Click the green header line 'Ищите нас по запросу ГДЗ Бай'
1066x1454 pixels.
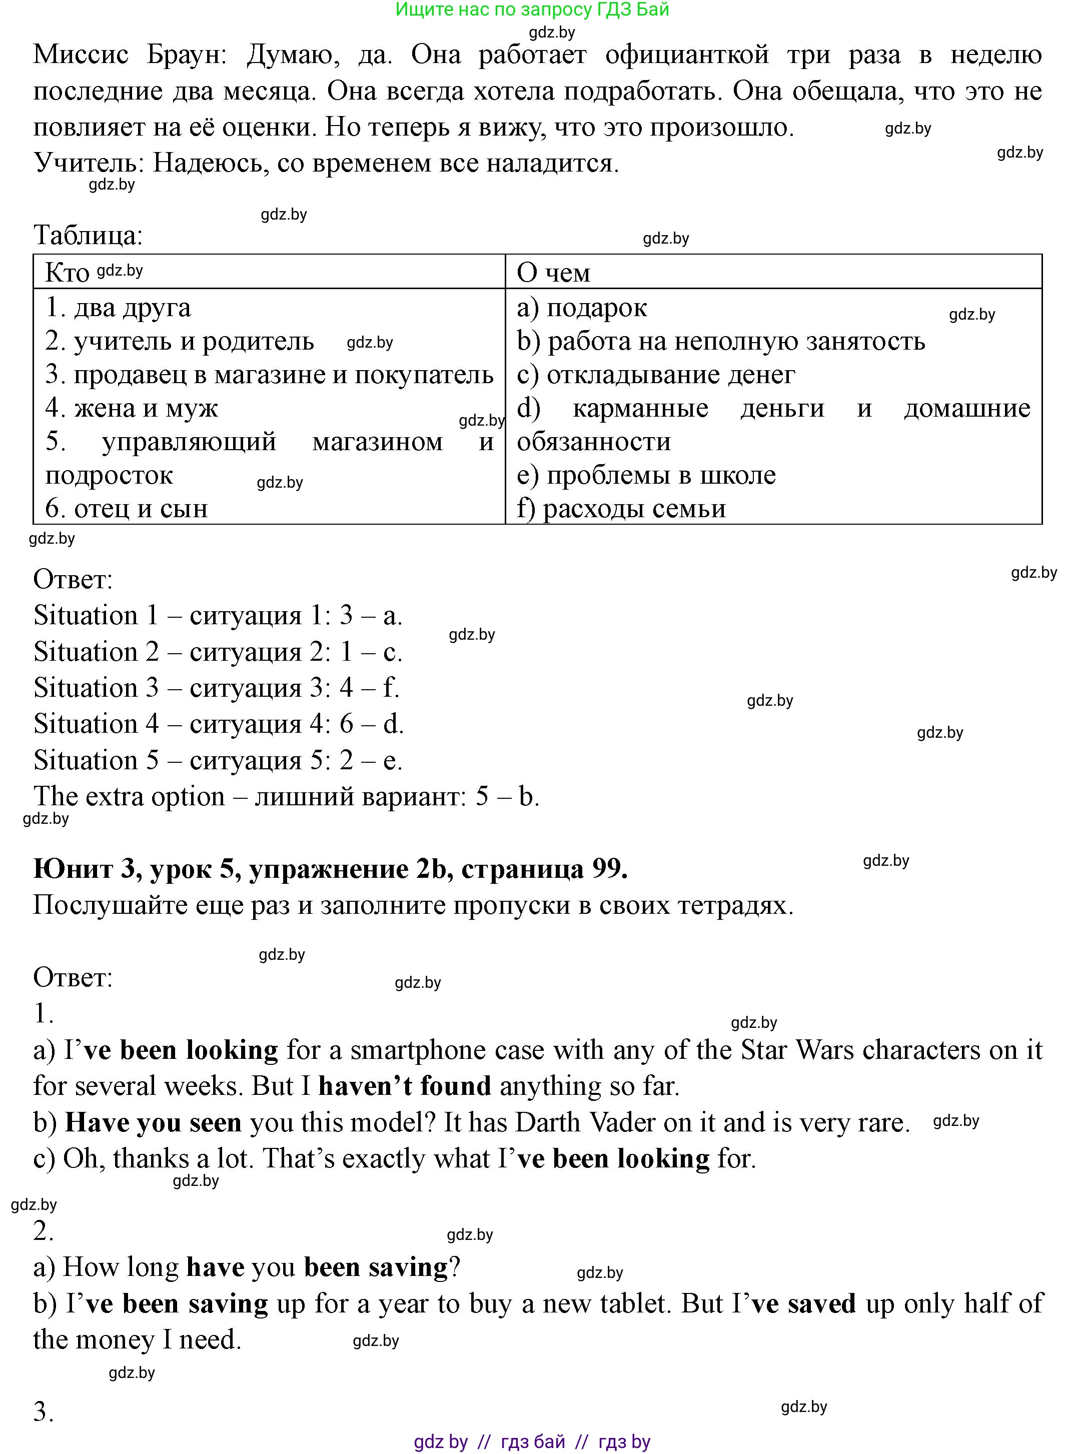532,10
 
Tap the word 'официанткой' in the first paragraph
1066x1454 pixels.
687,55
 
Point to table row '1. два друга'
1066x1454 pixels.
118,308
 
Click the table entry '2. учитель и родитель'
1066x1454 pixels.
180,341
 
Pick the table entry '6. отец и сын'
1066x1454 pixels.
127,508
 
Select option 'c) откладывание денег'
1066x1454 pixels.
656,375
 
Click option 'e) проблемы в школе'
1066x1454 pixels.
646,475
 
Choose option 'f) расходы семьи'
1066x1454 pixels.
621,508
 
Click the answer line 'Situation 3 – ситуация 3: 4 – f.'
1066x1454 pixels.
217,688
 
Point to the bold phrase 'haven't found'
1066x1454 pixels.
405,1086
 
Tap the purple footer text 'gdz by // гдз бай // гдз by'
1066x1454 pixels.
532,1441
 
